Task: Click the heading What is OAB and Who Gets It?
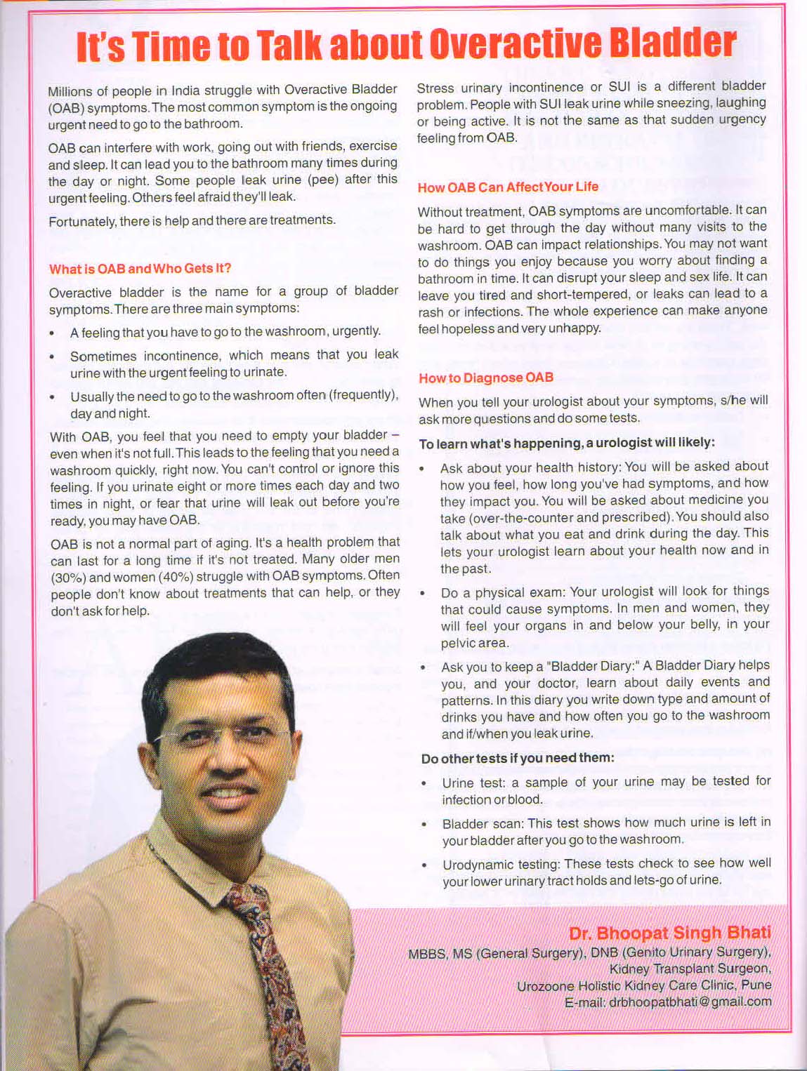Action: tap(140, 269)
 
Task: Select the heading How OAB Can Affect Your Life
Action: tap(508, 187)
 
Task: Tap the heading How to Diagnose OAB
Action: tap(486, 378)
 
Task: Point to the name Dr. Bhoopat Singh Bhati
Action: tap(669, 933)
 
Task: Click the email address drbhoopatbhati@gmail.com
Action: tap(690, 1002)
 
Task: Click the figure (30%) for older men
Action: tap(68, 577)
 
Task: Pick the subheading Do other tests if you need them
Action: tap(518, 758)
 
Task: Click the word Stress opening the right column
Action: tap(435, 88)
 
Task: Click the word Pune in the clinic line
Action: tap(756, 985)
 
